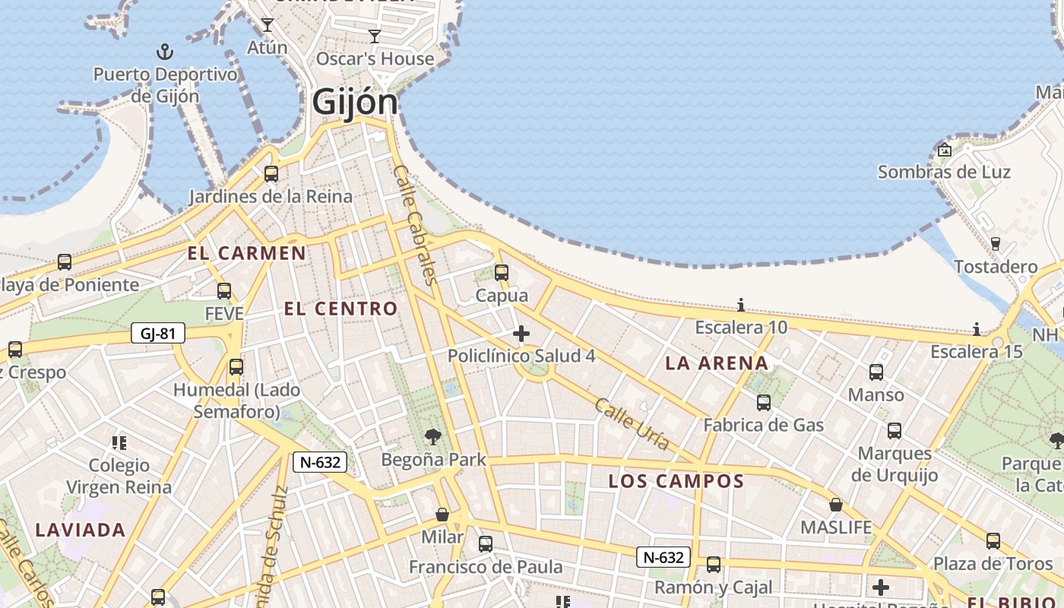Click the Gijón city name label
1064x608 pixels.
click(x=355, y=102)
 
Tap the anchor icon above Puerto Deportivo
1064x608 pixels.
click(x=165, y=52)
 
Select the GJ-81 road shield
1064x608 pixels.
click(x=158, y=333)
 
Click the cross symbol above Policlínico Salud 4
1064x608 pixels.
click(x=521, y=333)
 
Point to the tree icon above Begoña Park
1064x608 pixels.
click(x=433, y=436)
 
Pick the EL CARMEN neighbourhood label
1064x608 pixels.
click(x=247, y=253)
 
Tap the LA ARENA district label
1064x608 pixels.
click(x=717, y=363)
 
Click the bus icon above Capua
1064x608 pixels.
click(x=502, y=272)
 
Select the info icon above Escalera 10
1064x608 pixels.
click(x=741, y=306)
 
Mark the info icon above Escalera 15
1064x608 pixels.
click(x=977, y=329)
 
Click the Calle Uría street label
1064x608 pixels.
click(x=632, y=423)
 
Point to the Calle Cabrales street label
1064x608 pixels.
click(x=414, y=225)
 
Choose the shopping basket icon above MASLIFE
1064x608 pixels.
click(x=836, y=505)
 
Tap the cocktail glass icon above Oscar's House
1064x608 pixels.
click(x=375, y=36)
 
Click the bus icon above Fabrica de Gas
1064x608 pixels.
click(x=764, y=402)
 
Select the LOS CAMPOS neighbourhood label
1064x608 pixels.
click(x=676, y=481)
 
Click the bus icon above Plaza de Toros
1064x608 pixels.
click(x=993, y=540)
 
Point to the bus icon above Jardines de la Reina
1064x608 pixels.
click(x=271, y=174)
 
